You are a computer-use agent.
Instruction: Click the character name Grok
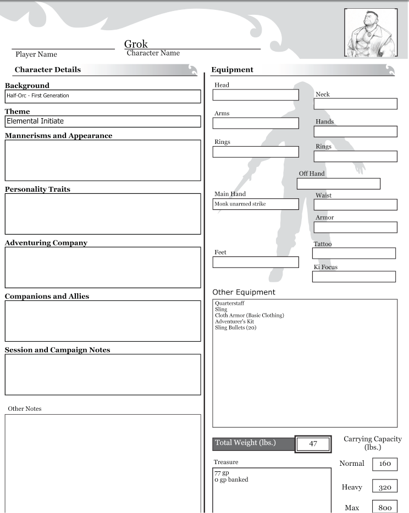136,44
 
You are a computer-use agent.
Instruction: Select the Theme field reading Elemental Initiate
102,121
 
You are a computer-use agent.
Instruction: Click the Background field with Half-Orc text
102,96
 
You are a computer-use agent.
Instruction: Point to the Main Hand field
256,204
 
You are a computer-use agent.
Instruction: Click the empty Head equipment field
256,95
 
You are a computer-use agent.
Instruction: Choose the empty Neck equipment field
355,104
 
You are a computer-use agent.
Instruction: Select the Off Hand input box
339,183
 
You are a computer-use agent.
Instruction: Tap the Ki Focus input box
353,276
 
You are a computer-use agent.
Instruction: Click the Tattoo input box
353,253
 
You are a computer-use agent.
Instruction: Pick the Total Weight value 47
313,444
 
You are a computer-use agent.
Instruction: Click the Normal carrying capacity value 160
385,464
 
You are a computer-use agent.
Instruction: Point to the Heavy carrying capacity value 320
385,487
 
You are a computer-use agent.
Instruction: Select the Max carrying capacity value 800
385,508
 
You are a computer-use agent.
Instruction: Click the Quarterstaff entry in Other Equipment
230,303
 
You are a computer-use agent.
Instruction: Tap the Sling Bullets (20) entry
235,328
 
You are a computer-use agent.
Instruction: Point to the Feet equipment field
256,262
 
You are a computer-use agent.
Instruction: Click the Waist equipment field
355,205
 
